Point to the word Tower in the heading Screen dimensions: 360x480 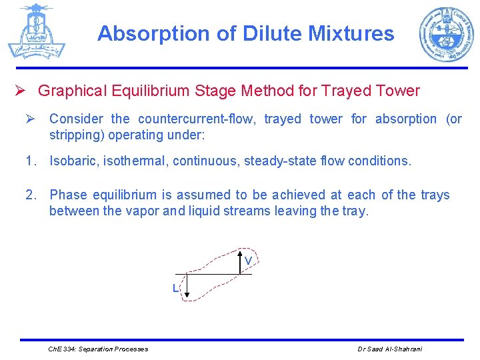pyautogui.click(x=398, y=91)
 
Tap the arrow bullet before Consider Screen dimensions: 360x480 pyautogui.click(x=29, y=119)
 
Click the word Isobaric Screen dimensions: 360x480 pyautogui.click(x=75, y=161)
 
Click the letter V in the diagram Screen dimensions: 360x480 pyautogui.click(x=247, y=261)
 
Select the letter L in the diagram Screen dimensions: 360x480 pyautogui.click(x=175, y=289)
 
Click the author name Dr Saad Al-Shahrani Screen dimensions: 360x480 pyautogui.click(x=389, y=349)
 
